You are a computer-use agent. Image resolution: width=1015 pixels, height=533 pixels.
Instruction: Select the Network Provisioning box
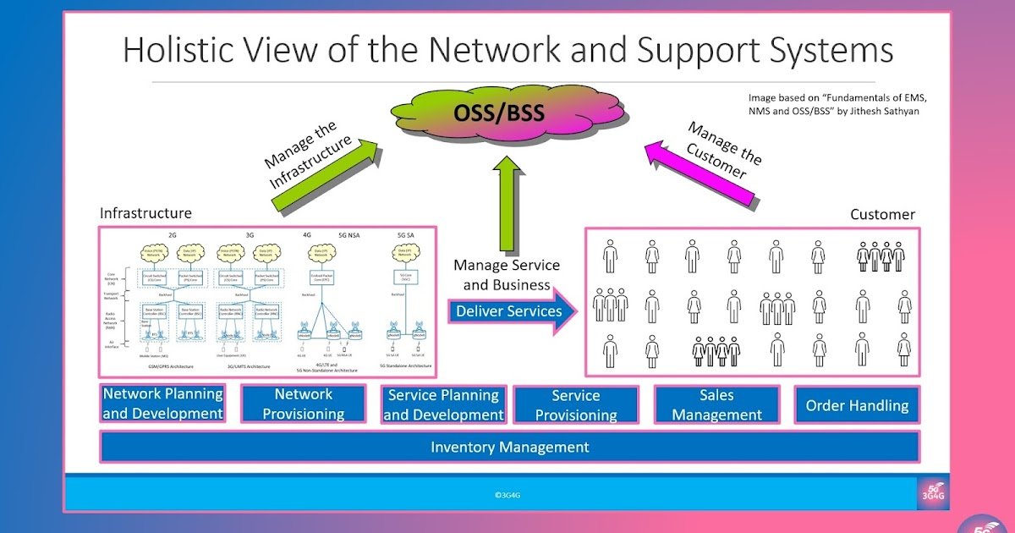303,404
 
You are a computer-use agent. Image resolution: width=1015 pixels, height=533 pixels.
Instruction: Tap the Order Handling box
857,406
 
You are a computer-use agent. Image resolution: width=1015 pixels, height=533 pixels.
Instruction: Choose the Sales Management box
717,405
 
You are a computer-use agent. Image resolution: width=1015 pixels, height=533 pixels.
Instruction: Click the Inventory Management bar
509,447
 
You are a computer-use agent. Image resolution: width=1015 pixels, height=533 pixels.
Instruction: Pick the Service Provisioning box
575,405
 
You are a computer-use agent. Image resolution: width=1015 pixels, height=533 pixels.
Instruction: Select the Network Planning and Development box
162,404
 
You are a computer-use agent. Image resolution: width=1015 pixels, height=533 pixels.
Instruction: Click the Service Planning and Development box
443,405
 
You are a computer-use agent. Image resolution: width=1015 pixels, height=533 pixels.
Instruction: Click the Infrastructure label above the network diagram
145,213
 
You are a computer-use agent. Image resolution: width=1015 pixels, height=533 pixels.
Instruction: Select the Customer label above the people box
882,215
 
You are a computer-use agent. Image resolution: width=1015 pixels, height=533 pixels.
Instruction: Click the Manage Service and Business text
506,275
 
